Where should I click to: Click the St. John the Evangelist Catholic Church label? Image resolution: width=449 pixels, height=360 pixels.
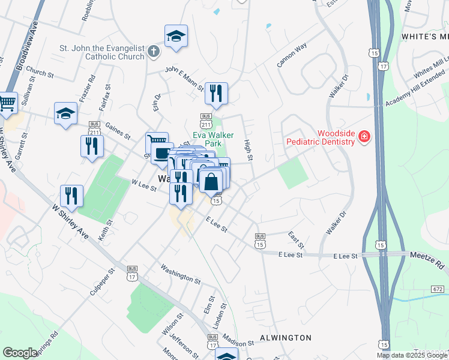click(x=102, y=52)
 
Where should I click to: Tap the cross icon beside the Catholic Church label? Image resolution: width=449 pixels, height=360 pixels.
click(x=153, y=52)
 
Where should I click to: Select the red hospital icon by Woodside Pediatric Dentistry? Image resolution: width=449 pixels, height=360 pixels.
click(x=364, y=137)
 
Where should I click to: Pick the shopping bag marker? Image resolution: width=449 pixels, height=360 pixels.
click(x=211, y=181)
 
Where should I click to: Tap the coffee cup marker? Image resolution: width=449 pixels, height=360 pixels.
click(x=161, y=153)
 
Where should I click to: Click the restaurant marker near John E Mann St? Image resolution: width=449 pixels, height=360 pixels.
click(x=216, y=93)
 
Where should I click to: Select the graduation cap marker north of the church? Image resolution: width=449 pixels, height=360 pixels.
click(x=176, y=36)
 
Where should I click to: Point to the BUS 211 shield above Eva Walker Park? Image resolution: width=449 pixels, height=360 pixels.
click(x=206, y=120)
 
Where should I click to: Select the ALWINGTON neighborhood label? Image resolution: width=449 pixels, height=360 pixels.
click(x=285, y=338)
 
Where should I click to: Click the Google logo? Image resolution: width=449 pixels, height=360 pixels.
click(x=20, y=353)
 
